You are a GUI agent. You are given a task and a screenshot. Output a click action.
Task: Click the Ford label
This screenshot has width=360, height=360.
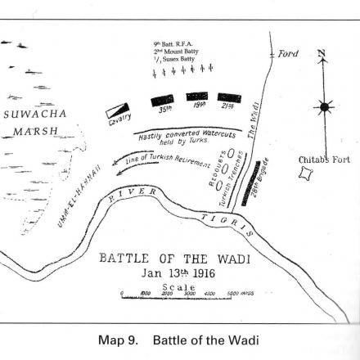[288, 54]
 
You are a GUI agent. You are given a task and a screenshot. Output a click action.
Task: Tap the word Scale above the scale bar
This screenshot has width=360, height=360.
[180, 288]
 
